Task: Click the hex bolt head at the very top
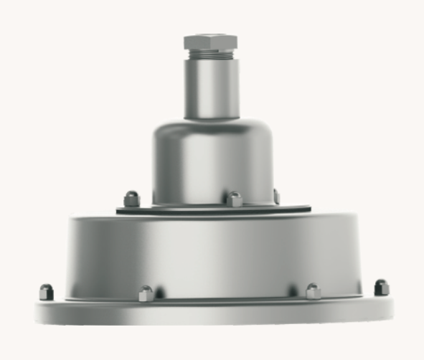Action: (x=212, y=40)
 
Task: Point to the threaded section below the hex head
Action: (x=212, y=53)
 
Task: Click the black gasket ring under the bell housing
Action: (x=213, y=210)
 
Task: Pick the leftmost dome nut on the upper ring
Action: (x=132, y=198)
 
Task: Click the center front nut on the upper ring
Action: (x=235, y=199)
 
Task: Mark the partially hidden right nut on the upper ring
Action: (x=276, y=196)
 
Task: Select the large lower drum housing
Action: (x=213, y=255)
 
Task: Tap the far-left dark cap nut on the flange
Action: (x=47, y=291)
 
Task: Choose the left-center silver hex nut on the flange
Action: (x=146, y=293)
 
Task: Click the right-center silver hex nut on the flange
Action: (x=313, y=291)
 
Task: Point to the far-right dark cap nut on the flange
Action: (x=382, y=288)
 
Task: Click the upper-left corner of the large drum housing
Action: (x=70, y=222)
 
